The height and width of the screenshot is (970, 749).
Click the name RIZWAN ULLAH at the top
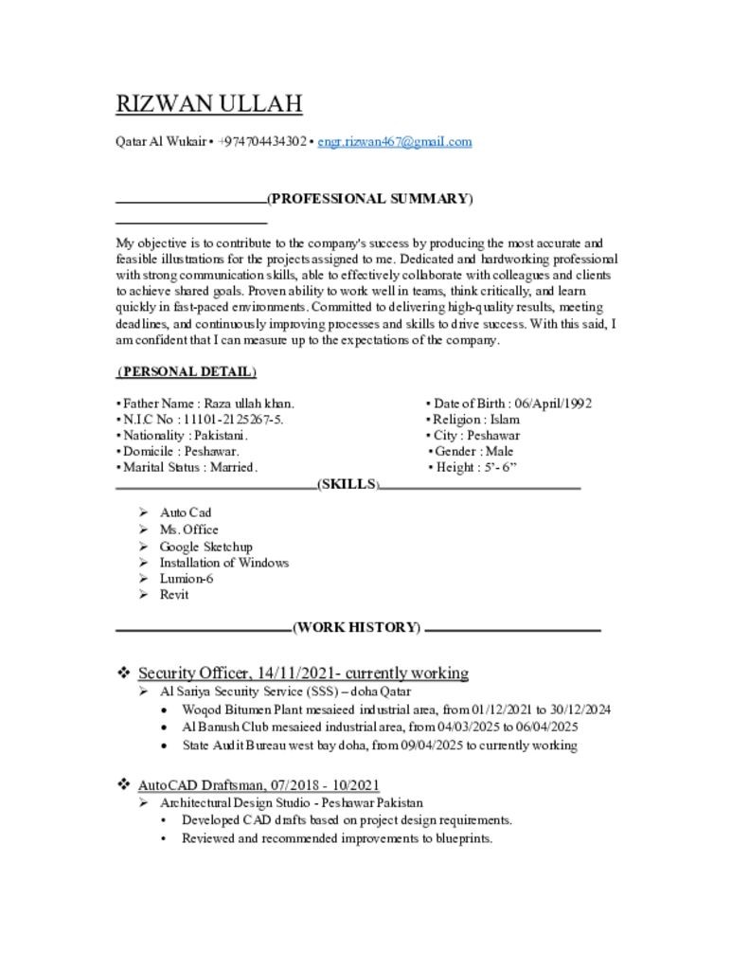click(x=208, y=103)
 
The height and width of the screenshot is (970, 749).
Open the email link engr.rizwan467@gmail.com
click(x=394, y=142)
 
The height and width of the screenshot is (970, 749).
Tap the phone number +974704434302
click(x=261, y=142)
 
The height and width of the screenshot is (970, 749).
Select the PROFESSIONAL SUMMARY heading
click(x=369, y=199)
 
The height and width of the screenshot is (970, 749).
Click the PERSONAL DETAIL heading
click(x=187, y=371)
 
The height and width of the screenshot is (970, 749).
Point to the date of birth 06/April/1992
click(x=553, y=404)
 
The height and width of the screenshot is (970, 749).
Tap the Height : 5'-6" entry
click(x=473, y=468)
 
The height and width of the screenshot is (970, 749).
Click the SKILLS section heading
click(x=348, y=484)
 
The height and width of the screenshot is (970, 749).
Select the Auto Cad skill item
click(x=185, y=512)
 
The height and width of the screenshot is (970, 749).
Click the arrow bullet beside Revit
click(x=142, y=595)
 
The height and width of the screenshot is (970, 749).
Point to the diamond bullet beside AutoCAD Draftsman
click(x=123, y=784)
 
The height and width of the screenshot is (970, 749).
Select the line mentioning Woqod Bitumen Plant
click(x=396, y=710)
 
